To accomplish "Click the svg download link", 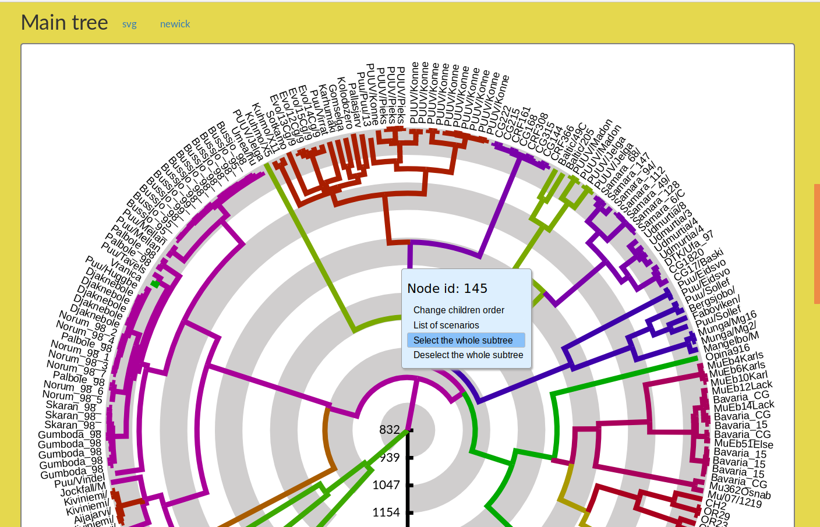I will pyautogui.click(x=129, y=24).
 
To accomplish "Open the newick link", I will pyautogui.click(x=175, y=24).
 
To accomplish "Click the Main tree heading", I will pyautogui.click(x=64, y=23).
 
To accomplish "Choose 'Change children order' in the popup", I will pyautogui.click(x=458, y=310).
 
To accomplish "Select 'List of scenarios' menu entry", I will pyautogui.click(x=446, y=325).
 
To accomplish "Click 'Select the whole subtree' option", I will pyautogui.click(x=463, y=340).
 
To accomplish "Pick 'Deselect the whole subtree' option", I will pyautogui.click(x=468, y=355).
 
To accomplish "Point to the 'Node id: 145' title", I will pyautogui.click(x=447, y=288).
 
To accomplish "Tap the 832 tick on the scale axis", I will pyautogui.click(x=389, y=430).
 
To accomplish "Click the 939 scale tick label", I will pyautogui.click(x=389, y=458).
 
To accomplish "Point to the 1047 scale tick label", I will pyautogui.click(x=386, y=485).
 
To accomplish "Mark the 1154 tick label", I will pyautogui.click(x=386, y=512).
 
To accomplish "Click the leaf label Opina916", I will pyautogui.click(x=727, y=352).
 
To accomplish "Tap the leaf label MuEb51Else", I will pyautogui.click(x=744, y=444).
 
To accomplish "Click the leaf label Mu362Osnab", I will pyautogui.click(x=740, y=491).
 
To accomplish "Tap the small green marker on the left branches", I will pyautogui.click(x=155, y=284).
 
